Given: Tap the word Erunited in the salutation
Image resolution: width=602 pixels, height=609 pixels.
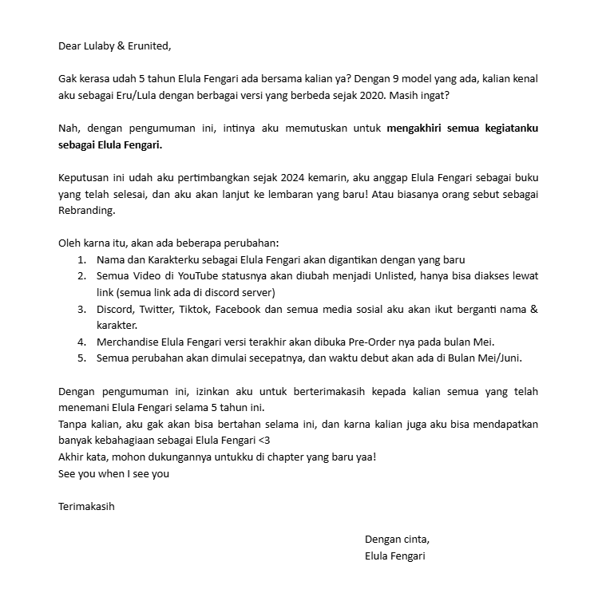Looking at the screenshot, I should pos(149,45).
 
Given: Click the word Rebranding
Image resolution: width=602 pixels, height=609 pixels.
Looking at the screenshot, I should pos(87,211).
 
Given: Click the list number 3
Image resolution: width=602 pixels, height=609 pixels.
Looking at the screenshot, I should pos(81,309).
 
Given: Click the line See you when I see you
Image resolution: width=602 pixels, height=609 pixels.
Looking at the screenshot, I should pos(114,473).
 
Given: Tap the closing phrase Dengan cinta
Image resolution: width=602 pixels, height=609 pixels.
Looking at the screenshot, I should pos(397,539).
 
